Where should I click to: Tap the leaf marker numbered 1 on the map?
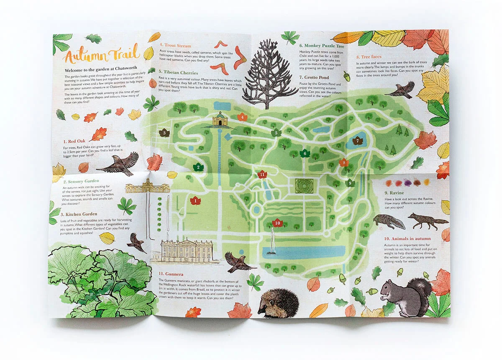tap(195, 201)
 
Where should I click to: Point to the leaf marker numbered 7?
tap(358, 141)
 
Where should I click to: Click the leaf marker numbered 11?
tap(262, 174)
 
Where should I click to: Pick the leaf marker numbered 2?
tap(198, 167)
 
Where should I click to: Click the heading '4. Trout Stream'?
tap(175, 46)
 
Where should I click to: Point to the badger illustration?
tap(389, 221)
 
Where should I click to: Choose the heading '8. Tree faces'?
tap(369, 57)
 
